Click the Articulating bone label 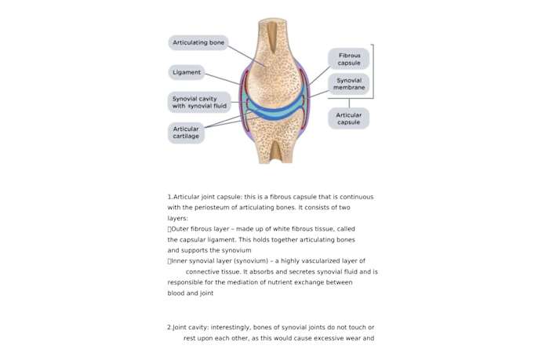(198, 42)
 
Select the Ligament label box (187, 72)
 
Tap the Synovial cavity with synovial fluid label (199, 102)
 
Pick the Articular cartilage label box (187, 133)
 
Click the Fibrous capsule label (349, 59)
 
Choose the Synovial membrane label (349, 84)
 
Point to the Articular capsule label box (349, 118)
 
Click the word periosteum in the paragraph (212, 207)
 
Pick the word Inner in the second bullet (180, 261)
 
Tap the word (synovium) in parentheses (254, 261)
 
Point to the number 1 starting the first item (169, 196)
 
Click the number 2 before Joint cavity (169, 327)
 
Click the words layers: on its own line (178, 218)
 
